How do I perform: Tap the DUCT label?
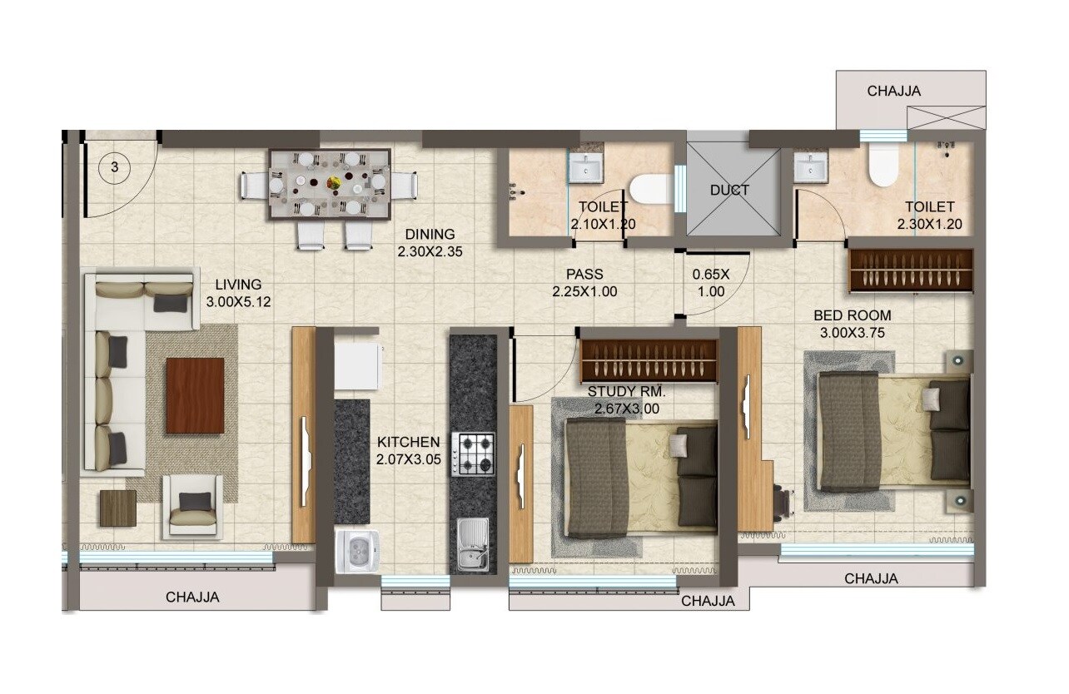point(729,190)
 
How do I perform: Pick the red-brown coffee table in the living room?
point(195,395)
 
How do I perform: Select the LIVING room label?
point(238,285)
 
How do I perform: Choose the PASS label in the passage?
point(584,274)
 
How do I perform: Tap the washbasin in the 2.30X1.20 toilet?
point(809,168)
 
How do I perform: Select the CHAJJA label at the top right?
point(894,92)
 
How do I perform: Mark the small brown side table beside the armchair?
point(117,508)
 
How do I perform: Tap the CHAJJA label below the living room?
point(192,597)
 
